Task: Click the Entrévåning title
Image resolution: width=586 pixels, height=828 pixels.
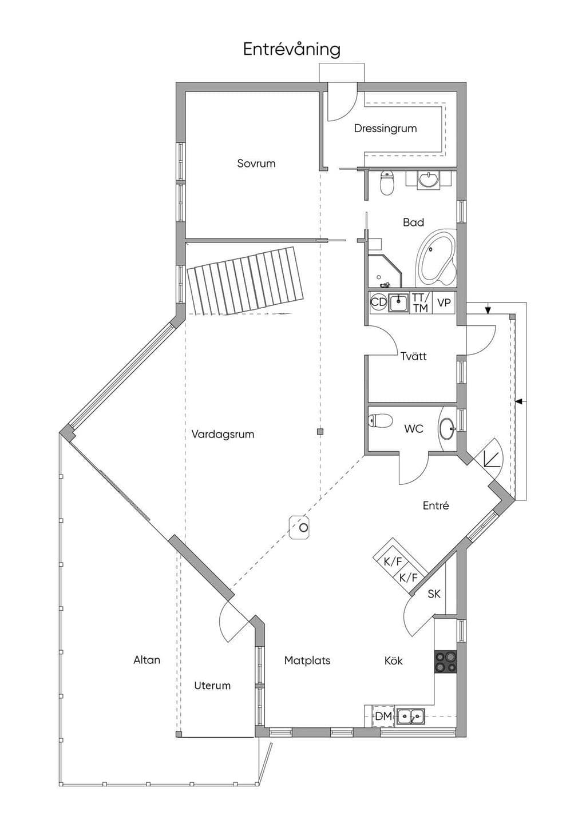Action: tap(291, 50)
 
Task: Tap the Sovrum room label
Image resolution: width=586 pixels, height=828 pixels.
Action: tap(256, 164)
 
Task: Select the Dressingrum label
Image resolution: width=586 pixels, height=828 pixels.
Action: tap(385, 129)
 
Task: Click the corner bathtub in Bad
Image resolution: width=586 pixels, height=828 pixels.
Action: tap(436, 258)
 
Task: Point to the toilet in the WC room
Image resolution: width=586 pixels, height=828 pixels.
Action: tap(381, 420)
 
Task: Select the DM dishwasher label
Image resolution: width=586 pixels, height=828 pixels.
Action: tap(383, 716)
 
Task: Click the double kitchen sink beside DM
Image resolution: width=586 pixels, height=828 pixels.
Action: tap(411, 717)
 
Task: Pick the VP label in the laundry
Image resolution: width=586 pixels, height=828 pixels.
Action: tap(444, 302)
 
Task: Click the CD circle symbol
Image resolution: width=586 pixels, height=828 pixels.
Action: tap(378, 302)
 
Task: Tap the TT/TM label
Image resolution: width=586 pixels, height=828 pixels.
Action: tap(421, 302)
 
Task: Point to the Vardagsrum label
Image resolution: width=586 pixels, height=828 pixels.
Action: tap(223, 434)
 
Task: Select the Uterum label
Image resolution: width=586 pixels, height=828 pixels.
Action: tap(212, 686)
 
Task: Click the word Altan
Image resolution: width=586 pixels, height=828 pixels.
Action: tap(147, 660)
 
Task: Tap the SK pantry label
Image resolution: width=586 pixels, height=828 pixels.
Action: tap(434, 594)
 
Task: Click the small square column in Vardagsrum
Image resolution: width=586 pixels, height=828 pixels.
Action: tap(320, 431)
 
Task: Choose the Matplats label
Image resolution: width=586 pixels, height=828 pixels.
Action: tap(307, 660)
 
